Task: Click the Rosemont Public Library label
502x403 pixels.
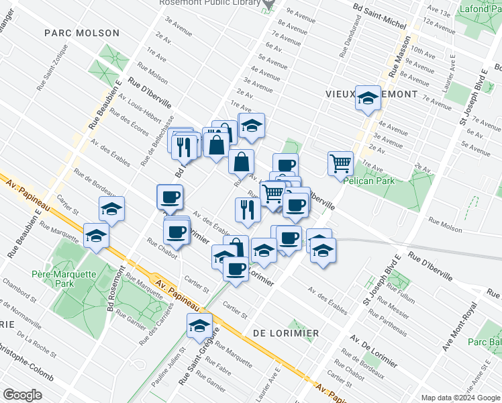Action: click(x=209, y=3)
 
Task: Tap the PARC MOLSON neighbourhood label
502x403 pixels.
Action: click(x=82, y=33)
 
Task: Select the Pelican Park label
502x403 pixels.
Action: click(x=368, y=180)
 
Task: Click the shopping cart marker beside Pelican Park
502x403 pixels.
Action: click(x=341, y=163)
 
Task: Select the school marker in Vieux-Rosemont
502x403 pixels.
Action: click(x=368, y=98)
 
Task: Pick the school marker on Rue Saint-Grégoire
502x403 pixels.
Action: click(x=199, y=326)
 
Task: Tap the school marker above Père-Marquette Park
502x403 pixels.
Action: click(x=97, y=236)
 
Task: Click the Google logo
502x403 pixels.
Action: click(x=22, y=394)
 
